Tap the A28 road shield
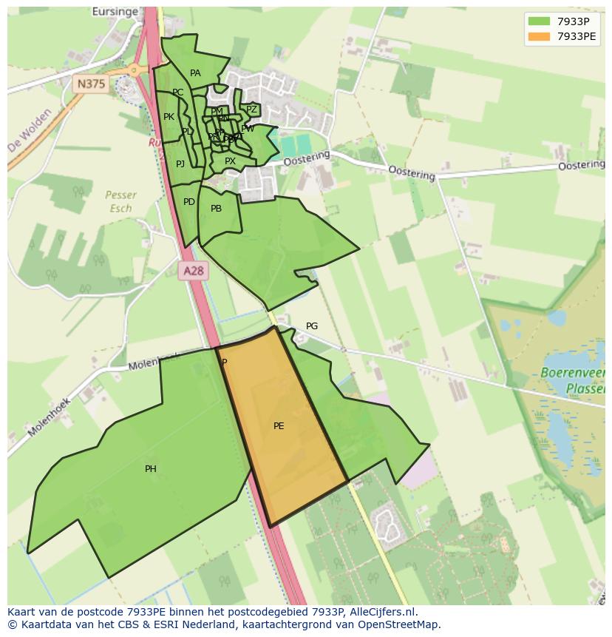194,271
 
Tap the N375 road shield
91,84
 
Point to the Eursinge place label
116,12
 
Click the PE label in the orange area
279,426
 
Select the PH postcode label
151,469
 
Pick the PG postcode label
312,326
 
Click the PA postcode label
195,73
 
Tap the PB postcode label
216,209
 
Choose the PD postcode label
189,202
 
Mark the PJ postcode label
180,164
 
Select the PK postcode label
169,117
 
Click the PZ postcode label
251,109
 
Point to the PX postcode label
230,161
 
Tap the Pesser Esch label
120,201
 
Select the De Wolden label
26,135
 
